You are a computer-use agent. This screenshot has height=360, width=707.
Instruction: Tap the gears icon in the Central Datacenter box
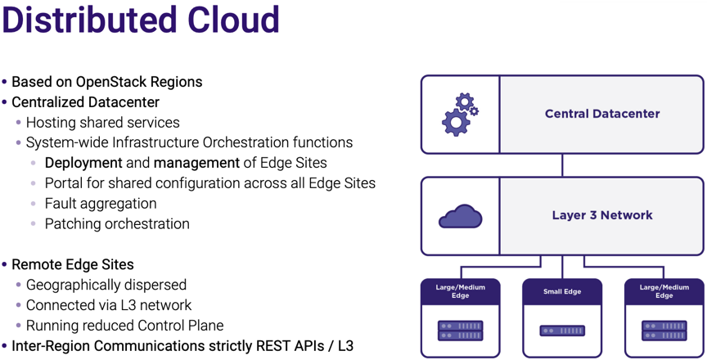tap(460, 115)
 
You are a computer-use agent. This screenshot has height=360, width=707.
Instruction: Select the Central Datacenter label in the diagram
tap(602, 114)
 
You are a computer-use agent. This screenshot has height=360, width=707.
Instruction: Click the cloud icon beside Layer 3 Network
tap(461, 217)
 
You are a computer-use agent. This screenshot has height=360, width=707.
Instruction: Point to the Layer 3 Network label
tap(602, 215)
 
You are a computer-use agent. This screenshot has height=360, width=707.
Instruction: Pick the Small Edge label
tap(562, 291)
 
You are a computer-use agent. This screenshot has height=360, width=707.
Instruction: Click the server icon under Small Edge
tap(562, 331)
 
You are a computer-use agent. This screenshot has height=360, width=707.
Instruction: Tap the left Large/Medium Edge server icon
tap(461, 331)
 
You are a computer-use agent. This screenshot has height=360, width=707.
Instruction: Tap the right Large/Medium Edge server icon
tap(664, 331)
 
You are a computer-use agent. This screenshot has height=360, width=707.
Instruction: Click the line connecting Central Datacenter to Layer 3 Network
tap(562, 165)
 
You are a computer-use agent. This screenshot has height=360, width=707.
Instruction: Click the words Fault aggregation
tap(100, 204)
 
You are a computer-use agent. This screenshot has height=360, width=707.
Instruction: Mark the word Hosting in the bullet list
tap(52, 123)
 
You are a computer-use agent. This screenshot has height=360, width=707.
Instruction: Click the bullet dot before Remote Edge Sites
tap(5, 265)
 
